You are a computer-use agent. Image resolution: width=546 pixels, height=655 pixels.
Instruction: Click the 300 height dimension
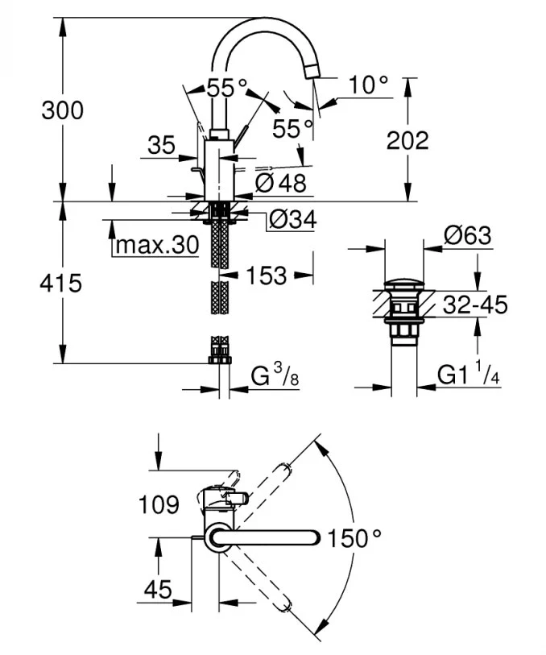(62, 110)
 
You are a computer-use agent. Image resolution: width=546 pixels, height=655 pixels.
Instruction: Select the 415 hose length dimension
(62, 283)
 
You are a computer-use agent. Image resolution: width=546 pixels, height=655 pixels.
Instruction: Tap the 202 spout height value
(407, 140)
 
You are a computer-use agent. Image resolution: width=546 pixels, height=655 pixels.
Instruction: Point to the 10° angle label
(370, 85)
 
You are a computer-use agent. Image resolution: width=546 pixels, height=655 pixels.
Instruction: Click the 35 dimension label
(161, 145)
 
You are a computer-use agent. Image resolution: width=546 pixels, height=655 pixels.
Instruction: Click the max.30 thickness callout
(155, 246)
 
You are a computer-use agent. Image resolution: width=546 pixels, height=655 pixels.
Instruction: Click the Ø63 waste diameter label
(467, 236)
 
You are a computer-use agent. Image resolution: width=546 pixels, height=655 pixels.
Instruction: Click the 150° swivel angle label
(354, 537)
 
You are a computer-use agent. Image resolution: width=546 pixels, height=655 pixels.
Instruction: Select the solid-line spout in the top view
(274, 537)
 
